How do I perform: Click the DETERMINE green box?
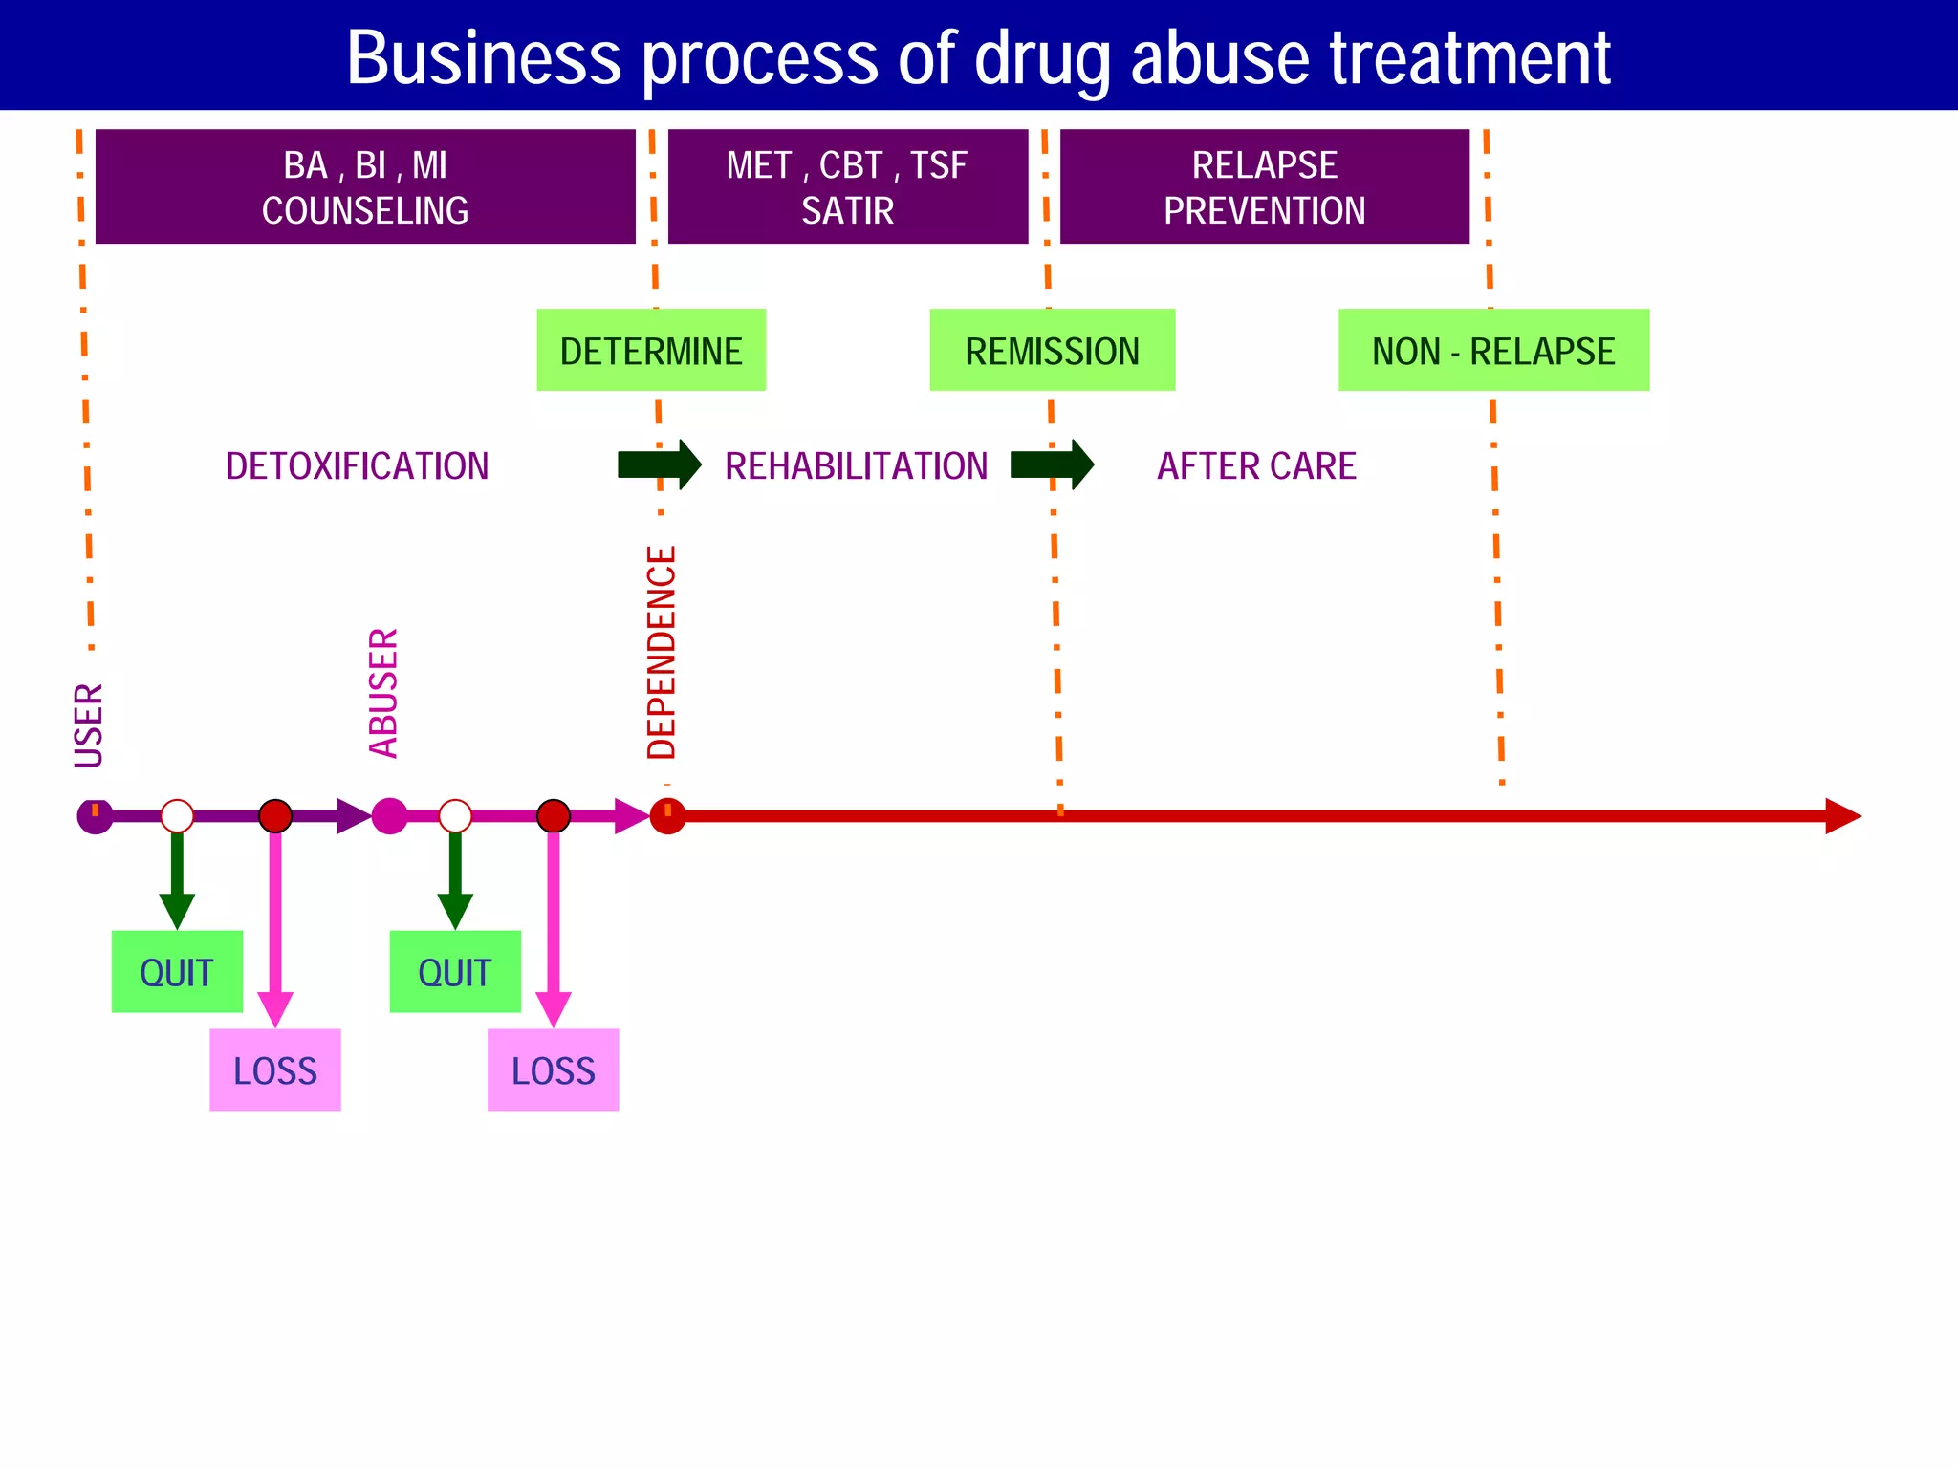(x=651, y=350)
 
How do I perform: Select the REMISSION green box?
(x=1052, y=350)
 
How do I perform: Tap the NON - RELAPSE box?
(x=1493, y=350)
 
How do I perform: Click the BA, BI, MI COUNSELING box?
(x=365, y=186)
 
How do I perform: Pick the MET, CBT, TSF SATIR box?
(x=847, y=186)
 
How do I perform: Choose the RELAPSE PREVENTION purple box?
(x=1264, y=186)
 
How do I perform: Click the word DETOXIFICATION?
(x=357, y=466)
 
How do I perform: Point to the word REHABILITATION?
(x=856, y=466)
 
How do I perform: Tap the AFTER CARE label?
(x=1256, y=466)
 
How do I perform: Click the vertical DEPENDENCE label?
(x=662, y=653)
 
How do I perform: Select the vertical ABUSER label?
(x=383, y=693)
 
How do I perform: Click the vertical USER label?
(x=89, y=725)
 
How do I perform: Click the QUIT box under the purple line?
(x=177, y=972)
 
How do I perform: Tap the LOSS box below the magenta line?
(x=553, y=1070)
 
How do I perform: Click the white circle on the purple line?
(x=177, y=816)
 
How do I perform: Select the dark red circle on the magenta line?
(x=553, y=816)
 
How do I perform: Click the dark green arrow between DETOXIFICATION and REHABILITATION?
(x=660, y=464)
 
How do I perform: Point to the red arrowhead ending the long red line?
(x=1841, y=816)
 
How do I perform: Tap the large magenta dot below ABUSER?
(x=389, y=816)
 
